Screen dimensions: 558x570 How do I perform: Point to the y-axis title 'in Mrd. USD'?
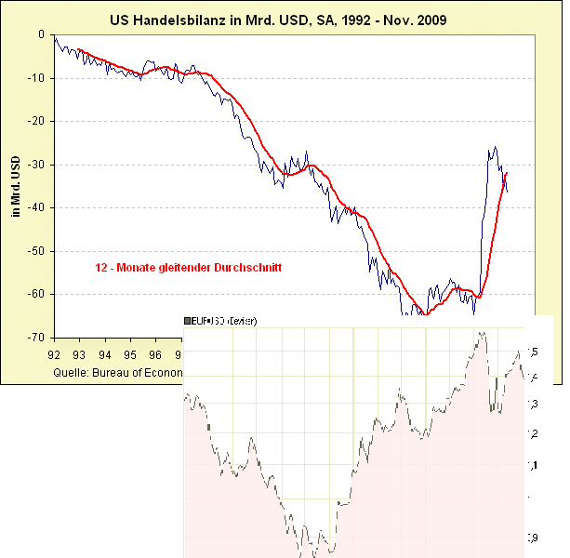pyautogui.click(x=16, y=185)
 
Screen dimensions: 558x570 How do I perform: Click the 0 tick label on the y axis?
pyautogui.click(x=42, y=34)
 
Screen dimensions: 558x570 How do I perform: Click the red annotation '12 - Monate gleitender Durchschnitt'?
pyautogui.click(x=188, y=267)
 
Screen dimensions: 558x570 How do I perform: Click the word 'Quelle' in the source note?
pyautogui.click(x=70, y=371)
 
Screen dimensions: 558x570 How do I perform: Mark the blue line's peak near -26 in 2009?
pyautogui.click(x=495, y=147)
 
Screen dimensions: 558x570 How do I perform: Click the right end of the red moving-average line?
pyautogui.click(x=507, y=173)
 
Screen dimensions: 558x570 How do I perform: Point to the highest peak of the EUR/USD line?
pyautogui.click(x=481, y=332)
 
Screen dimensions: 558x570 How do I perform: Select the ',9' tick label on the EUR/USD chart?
pyautogui.click(x=532, y=537)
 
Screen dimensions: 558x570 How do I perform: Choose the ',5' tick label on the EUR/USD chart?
pyautogui.click(x=532, y=352)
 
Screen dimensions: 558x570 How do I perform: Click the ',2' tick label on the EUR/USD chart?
pyautogui.click(x=532, y=434)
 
